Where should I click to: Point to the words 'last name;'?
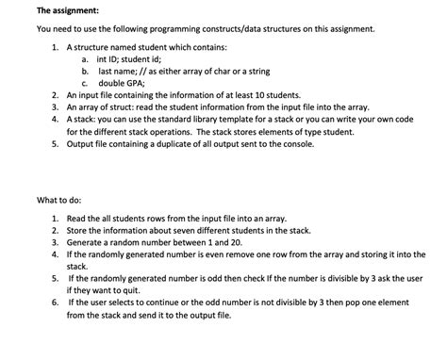coord(119,71)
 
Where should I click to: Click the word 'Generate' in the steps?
coord(88,242)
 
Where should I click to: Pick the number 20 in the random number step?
coord(226,242)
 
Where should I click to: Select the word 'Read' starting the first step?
coord(78,218)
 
